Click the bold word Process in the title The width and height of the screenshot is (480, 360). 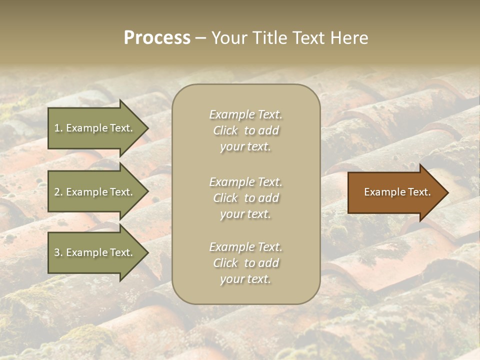point(157,38)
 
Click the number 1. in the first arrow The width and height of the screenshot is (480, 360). point(58,128)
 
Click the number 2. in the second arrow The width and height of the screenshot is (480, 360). point(58,192)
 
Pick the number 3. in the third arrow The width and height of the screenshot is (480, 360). point(58,252)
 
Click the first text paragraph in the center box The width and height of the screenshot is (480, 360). point(245,130)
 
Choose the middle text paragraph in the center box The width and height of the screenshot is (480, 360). point(245,198)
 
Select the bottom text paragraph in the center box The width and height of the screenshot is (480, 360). point(245,263)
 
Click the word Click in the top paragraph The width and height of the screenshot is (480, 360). point(225,130)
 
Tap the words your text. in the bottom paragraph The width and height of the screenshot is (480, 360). point(245,279)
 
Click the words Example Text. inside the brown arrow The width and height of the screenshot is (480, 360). point(397,192)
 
